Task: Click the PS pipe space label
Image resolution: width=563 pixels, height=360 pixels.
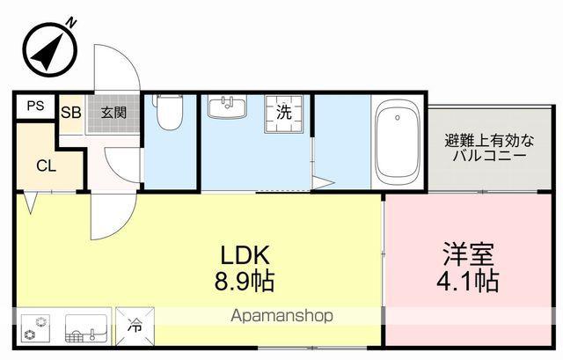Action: pyautogui.click(x=36, y=106)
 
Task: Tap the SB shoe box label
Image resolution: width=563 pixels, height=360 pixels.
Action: pyautogui.click(x=71, y=113)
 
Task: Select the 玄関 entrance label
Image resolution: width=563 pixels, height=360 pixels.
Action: pyautogui.click(x=113, y=113)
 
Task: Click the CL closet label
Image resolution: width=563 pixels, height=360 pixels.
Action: pyautogui.click(x=47, y=166)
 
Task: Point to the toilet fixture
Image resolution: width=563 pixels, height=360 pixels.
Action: pyautogui.click(x=168, y=112)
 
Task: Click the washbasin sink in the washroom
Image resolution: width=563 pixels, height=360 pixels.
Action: pyautogui.click(x=227, y=107)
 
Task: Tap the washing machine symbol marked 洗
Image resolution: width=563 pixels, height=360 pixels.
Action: pyautogui.click(x=283, y=114)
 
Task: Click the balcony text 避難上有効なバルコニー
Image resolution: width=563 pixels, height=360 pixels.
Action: pyautogui.click(x=489, y=148)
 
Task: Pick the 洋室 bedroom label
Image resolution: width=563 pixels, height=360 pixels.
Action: pyautogui.click(x=468, y=254)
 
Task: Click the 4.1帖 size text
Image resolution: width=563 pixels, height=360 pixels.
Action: pyautogui.click(x=467, y=281)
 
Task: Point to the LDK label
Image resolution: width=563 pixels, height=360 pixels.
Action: pyautogui.click(x=245, y=254)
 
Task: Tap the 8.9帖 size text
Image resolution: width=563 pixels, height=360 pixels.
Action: pyautogui.click(x=245, y=281)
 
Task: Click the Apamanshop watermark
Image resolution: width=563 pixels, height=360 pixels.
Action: pyautogui.click(x=281, y=316)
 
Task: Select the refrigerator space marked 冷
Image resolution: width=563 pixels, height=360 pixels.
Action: pyautogui.click(x=135, y=327)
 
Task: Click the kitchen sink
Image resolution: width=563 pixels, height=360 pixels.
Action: pyautogui.click(x=86, y=328)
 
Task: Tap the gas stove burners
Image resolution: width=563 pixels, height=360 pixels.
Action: pyautogui.click(x=35, y=328)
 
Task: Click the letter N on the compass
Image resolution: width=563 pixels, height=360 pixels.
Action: pyautogui.click(x=72, y=23)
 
